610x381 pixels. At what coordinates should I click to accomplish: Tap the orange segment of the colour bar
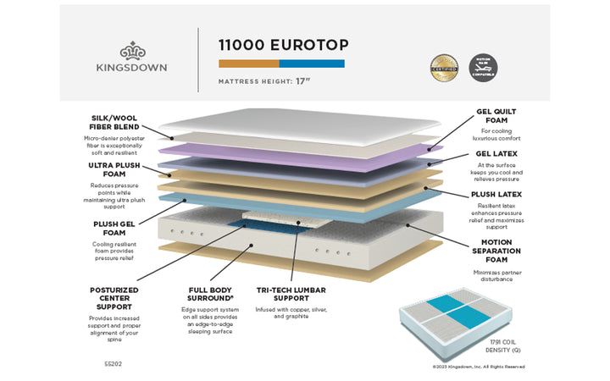[x=249, y=63]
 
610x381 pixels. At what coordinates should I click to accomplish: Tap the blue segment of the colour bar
[x=312, y=63]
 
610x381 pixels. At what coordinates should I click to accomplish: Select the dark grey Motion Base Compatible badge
[x=483, y=68]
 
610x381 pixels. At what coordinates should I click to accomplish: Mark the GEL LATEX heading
[x=498, y=154]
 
